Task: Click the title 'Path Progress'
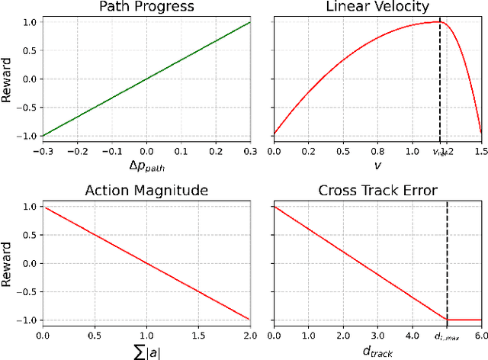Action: point(146,7)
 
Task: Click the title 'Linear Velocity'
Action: point(377,7)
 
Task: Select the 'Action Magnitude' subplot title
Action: point(146,190)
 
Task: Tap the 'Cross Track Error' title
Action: point(377,190)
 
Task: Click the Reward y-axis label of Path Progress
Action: point(9,79)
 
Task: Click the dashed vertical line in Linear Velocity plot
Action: point(440,76)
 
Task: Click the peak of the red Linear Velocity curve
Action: point(438,21)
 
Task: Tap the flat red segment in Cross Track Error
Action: point(464,320)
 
